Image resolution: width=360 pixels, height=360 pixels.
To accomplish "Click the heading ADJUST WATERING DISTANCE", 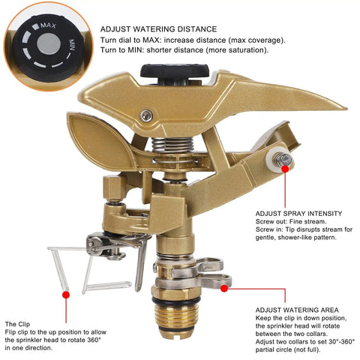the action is (x=158, y=29).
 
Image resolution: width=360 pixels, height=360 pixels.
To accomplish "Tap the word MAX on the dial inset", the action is (x=48, y=25).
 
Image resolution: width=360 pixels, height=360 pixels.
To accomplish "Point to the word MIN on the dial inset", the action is (x=72, y=45).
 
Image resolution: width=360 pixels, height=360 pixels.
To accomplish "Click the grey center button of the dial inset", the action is (x=49, y=44).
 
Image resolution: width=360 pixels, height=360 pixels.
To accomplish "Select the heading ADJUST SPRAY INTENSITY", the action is (x=298, y=214).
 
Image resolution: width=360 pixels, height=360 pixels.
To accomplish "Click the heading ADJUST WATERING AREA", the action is (x=297, y=310).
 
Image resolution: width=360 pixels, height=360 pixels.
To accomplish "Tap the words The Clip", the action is (x=17, y=324).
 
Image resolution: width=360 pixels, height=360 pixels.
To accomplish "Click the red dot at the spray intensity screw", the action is (x=285, y=169).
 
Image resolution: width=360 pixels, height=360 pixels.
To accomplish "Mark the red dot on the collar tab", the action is (x=224, y=289).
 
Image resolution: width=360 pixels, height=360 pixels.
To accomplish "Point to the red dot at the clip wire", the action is (x=66, y=295).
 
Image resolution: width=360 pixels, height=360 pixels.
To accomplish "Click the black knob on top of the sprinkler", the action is (x=175, y=70).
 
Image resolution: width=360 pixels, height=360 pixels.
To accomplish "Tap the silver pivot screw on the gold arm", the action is (x=146, y=115).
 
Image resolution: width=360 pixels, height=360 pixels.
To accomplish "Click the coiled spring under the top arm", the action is (x=172, y=145).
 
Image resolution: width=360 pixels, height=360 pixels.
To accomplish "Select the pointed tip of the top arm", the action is (x=346, y=109).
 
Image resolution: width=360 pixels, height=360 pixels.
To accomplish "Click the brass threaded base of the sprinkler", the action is (x=175, y=316).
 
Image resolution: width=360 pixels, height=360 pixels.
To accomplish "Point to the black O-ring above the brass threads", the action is (x=175, y=300).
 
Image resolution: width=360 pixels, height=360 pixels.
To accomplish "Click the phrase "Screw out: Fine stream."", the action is (x=291, y=221).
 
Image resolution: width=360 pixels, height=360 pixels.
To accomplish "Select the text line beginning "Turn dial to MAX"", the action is (x=193, y=40).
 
